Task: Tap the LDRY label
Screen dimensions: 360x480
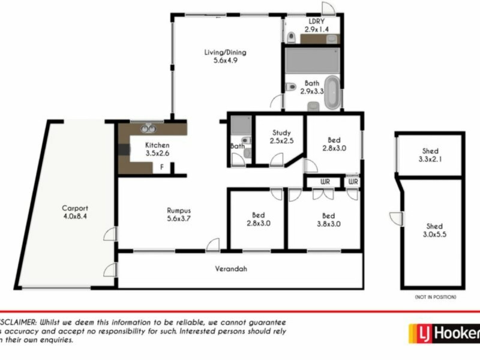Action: pos(311,20)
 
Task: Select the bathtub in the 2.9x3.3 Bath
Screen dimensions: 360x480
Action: pos(331,92)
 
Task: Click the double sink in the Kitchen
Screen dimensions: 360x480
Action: pos(147,128)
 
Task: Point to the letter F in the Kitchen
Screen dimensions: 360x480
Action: pos(161,167)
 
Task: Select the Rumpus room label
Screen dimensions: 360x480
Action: pos(178,210)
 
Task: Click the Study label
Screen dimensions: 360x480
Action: pos(281,133)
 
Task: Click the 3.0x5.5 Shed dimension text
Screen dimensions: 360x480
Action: pos(434,235)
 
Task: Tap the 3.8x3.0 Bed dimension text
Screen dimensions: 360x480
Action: pos(328,224)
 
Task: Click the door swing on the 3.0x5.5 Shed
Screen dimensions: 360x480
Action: pos(395,217)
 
